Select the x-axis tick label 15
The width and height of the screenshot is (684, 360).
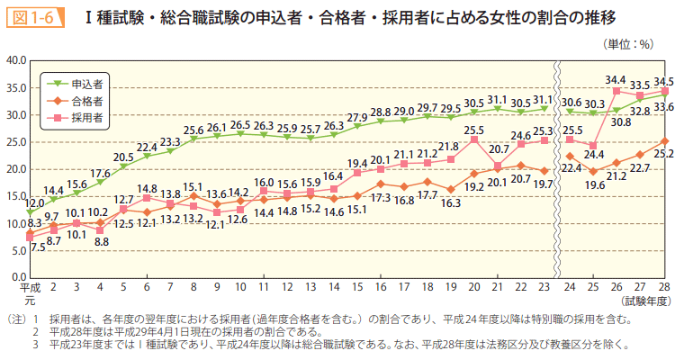pos(358,286)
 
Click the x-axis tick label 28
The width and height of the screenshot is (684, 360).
pos(664,286)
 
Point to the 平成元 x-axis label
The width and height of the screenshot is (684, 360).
pos(30,292)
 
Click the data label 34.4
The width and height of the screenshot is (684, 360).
pos(616,80)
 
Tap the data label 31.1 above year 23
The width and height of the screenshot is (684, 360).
pos(543,99)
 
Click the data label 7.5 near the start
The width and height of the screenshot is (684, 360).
pos(38,247)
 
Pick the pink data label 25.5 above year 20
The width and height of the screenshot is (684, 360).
pos(474,130)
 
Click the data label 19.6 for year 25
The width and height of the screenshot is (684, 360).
pos(593,184)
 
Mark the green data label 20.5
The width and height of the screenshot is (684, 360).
pos(123,157)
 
